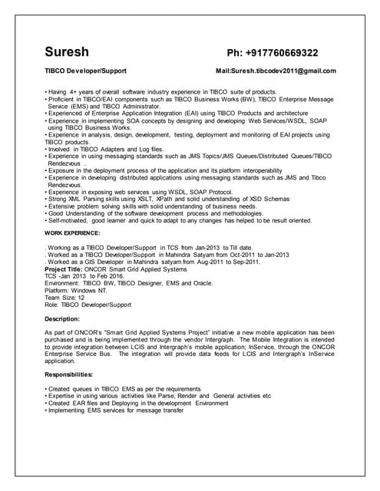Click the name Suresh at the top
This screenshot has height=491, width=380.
tap(67, 53)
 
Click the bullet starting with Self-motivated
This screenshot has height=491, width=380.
tap(179, 220)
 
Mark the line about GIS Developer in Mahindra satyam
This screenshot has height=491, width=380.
tap(143, 262)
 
